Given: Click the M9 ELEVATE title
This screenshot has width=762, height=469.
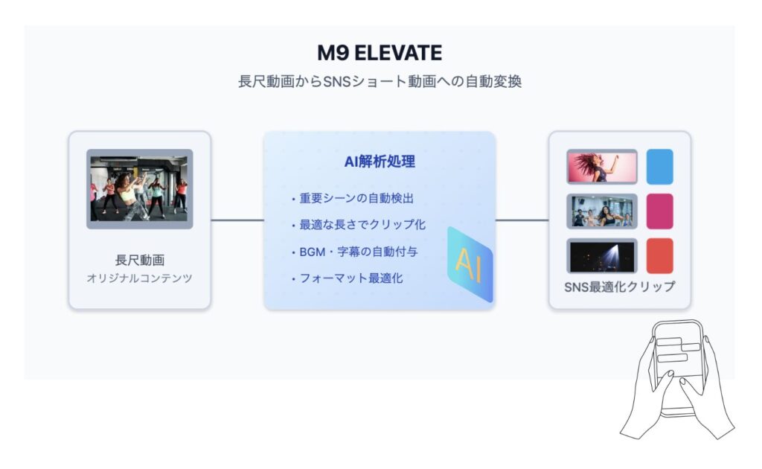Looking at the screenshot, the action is [380, 53].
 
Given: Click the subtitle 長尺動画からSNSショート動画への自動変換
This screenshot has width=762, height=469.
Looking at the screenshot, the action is [380, 81].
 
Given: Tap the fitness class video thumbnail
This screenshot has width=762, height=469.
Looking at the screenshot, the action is [139, 189].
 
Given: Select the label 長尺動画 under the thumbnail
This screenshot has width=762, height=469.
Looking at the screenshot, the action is [139, 260].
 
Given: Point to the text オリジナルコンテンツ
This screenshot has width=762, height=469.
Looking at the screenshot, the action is [139, 278].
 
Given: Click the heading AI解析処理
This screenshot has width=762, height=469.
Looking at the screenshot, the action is [380, 162].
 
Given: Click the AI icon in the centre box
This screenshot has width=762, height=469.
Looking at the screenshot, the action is [470, 264].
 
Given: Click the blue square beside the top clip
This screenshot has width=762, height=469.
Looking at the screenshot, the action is [659, 167].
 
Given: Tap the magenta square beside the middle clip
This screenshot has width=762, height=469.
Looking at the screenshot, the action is [659, 211].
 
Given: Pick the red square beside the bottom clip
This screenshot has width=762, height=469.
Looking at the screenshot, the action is [659, 255].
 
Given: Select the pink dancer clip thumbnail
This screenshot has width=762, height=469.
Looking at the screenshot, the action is [601, 167].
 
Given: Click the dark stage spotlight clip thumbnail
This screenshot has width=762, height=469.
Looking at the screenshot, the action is [601, 255].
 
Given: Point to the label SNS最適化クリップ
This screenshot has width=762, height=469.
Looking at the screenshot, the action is [620, 287].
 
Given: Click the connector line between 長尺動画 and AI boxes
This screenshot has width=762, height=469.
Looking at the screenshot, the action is [237, 220].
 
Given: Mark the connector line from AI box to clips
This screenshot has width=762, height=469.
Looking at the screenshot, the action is [522, 220].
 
